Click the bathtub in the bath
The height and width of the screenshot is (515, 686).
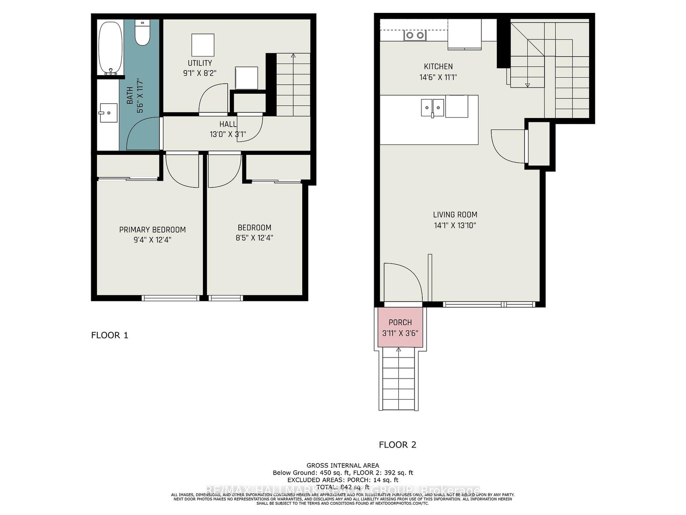click(x=111, y=48)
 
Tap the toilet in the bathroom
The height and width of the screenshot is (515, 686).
click(x=142, y=33)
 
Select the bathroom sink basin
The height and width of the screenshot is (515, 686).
click(x=107, y=113)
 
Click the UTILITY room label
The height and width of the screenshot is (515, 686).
click(x=200, y=63)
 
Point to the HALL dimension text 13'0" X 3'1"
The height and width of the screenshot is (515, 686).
click(x=228, y=134)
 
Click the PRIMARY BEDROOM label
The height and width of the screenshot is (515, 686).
click(x=152, y=230)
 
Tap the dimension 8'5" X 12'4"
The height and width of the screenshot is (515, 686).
click(x=254, y=238)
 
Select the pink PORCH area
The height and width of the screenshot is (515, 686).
click(x=400, y=327)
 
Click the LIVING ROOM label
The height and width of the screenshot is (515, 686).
click(x=455, y=215)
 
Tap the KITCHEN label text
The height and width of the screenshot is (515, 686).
click(x=438, y=67)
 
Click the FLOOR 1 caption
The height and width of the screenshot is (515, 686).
click(x=110, y=335)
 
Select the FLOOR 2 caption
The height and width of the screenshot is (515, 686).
click(x=397, y=445)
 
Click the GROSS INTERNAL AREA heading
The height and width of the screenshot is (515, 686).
click(x=343, y=465)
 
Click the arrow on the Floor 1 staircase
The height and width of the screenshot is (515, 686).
click(x=293, y=56)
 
